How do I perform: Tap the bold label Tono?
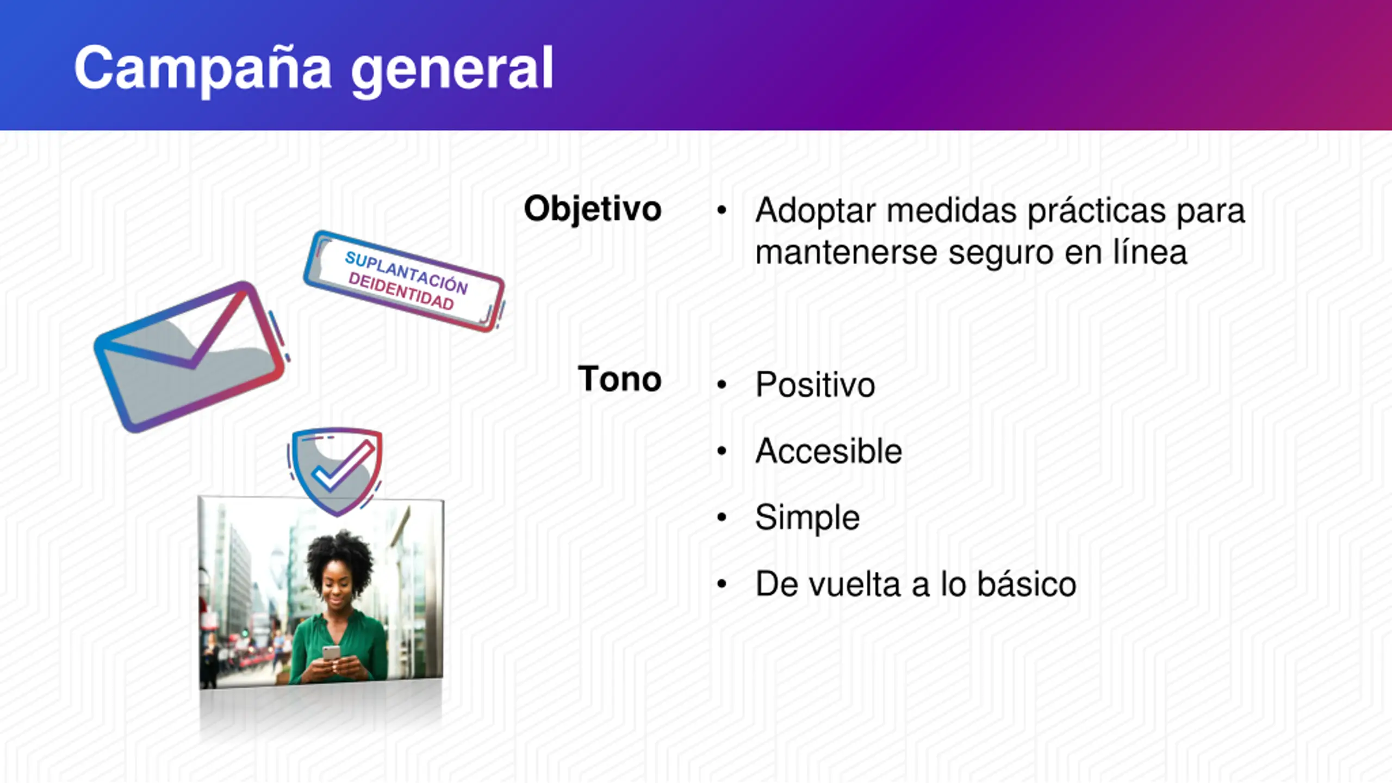[x=620, y=378]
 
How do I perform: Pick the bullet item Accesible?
[x=829, y=451]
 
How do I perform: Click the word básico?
[x=1027, y=584]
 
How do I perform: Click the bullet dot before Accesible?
[x=722, y=451]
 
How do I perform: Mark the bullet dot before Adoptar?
[x=722, y=210]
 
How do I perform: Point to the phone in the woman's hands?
[x=331, y=653]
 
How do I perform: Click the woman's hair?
[x=340, y=559]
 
